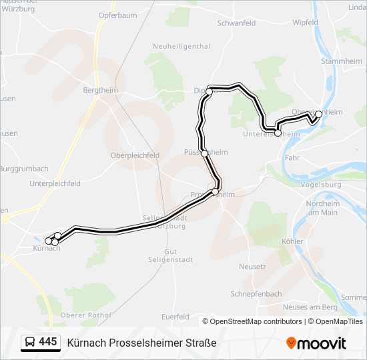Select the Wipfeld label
pos(305,22)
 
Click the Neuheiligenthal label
pos(181,47)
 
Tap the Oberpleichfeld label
pos(135,155)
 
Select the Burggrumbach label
pos(25,168)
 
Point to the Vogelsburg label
pos(321,185)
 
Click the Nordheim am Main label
pos(322,208)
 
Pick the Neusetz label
pos(252,267)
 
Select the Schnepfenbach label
pos(256,293)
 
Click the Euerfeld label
pos(175,317)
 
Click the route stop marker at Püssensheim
pos(204,153)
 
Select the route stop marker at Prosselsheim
pos(215,192)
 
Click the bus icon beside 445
pos(30,343)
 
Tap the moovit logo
pos(316,343)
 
